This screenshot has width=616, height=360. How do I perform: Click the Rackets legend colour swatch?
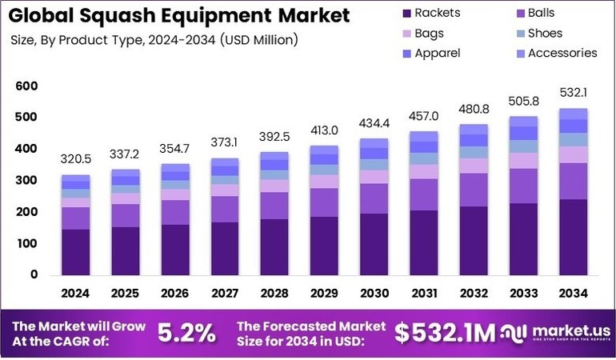pyautogui.click(x=407, y=14)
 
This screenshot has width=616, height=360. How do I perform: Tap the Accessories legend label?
pyautogui.click(x=562, y=53)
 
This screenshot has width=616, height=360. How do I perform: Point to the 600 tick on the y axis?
pyautogui.click(x=26, y=86)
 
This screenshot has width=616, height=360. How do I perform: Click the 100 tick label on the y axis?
pyautogui.click(x=26, y=243)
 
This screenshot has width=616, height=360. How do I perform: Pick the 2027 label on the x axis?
pyautogui.click(x=225, y=293)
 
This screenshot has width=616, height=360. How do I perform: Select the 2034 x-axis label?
pyautogui.click(x=573, y=293)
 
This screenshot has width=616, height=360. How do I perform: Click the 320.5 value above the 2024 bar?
pyautogui.click(x=76, y=158)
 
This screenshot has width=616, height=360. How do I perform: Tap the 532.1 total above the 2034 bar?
pyautogui.click(x=573, y=92)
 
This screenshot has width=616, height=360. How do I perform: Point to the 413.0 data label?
pyautogui.click(x=324, y=130)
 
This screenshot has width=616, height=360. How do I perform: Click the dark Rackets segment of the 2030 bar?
pyautogui.click(x=374, y=245)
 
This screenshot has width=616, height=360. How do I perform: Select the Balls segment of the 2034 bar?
pyautogui.click(x=574, y=181)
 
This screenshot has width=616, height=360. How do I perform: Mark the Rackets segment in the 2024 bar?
pyautogui.click(x=76, y=252)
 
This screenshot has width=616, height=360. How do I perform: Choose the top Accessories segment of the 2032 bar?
pyautogui.click(x=474, y=130)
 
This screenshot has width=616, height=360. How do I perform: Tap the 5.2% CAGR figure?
pyautogui.click(x=186, y=334)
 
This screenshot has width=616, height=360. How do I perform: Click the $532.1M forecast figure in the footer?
pyautogui.click(x=445, y=334)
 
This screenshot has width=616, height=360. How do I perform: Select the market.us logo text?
pyautogui.click(x=572, y=331)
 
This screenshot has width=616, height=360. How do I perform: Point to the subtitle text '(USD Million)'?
pyautogui.click(x=259, y=40)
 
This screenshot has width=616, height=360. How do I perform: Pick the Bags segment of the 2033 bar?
pyautogui.click(x=524, y=161)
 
